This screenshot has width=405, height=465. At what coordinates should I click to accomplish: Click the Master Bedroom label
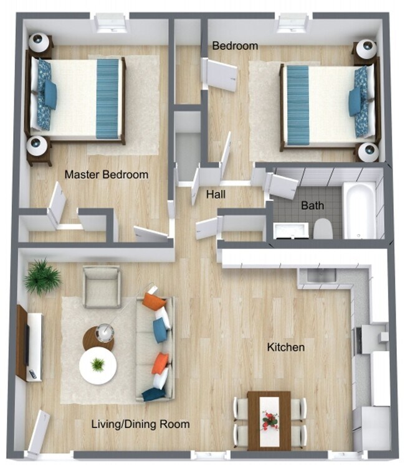pyautogui.click(x=107, y=175)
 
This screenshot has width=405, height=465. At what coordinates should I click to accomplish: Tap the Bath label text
pyautogui.click(x=312, y=205)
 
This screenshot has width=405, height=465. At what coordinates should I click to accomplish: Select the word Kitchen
pyautogui.click(x=286, y=347)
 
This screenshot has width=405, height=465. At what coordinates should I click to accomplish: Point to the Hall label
pyautogui.click(x=216, y=195)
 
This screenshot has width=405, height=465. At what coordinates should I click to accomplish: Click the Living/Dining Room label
pyautogui.click(x=140, y=425)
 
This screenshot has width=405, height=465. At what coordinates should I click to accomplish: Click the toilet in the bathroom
pyautogui.click(x=322, y=229)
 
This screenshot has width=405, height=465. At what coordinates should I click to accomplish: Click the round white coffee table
pyautogui.click(x=98, y=365)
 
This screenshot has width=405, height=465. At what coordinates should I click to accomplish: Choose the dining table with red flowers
pyautogui.click(x=269, y=420)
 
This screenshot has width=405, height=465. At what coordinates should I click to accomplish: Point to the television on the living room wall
pyautogui.click(x=27, y=344)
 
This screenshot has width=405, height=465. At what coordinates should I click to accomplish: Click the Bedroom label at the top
pyautogui.click(x=235, y=46)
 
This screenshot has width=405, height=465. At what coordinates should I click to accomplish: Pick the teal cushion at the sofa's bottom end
pyautogui.click(x=153, y=393)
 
